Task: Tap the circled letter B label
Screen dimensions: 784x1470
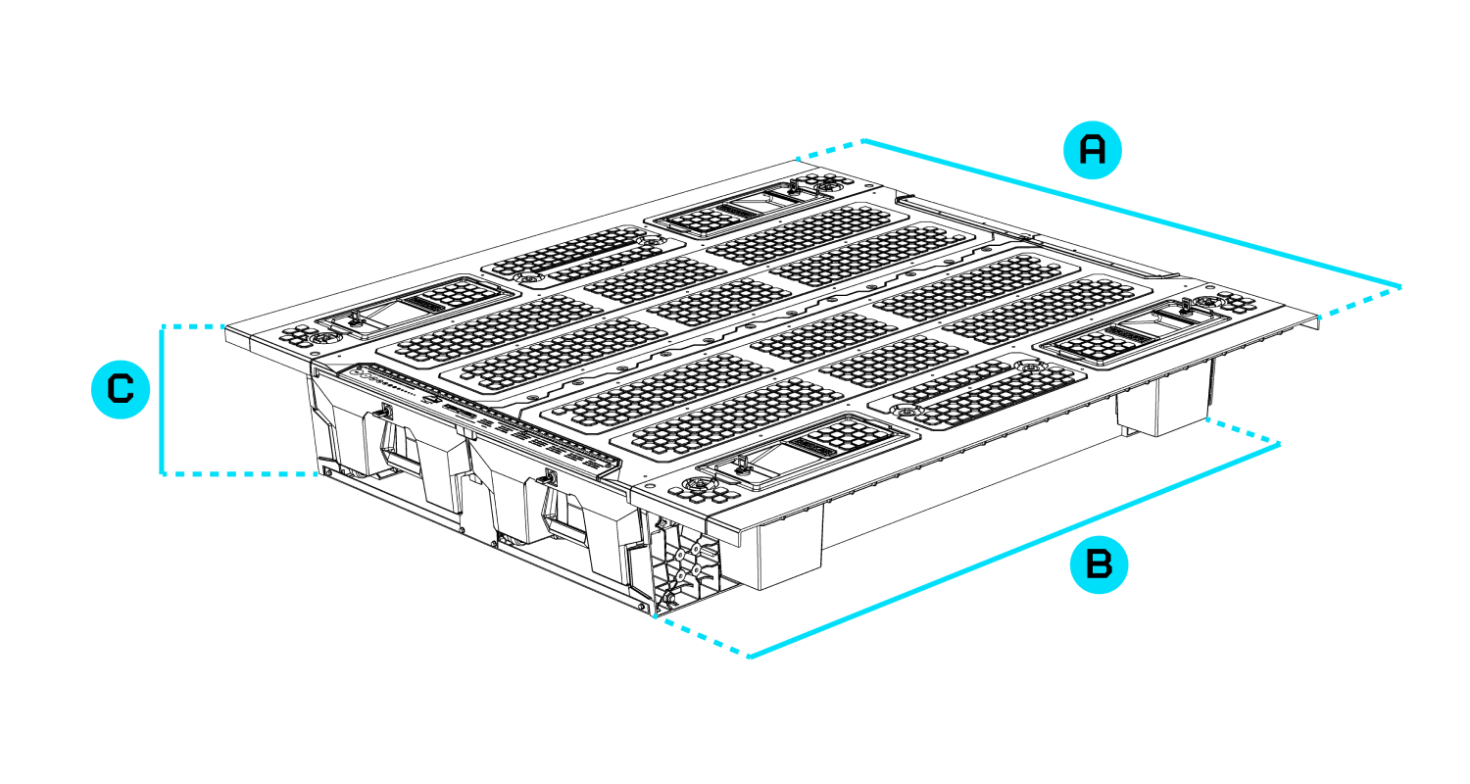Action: [1099, 565]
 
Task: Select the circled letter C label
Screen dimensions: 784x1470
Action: [120, 390]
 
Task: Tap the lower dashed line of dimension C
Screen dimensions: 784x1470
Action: [240, 474]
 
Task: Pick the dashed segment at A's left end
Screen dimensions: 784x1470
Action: [829, 150]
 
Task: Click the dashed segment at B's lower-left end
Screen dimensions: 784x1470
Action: [701, 637]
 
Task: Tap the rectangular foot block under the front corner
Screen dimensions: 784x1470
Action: [789, 544]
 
